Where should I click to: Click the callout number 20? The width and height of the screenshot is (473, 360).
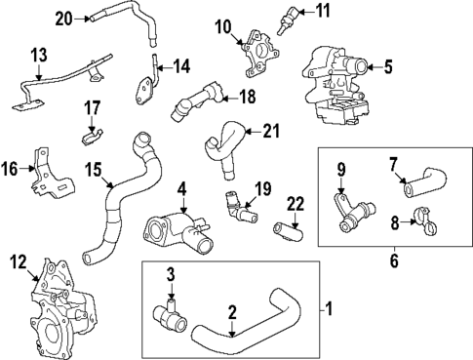63,17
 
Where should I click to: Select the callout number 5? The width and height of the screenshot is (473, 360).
387,67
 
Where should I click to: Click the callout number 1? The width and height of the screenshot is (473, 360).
329,310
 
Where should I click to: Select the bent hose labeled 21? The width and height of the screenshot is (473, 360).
221,146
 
